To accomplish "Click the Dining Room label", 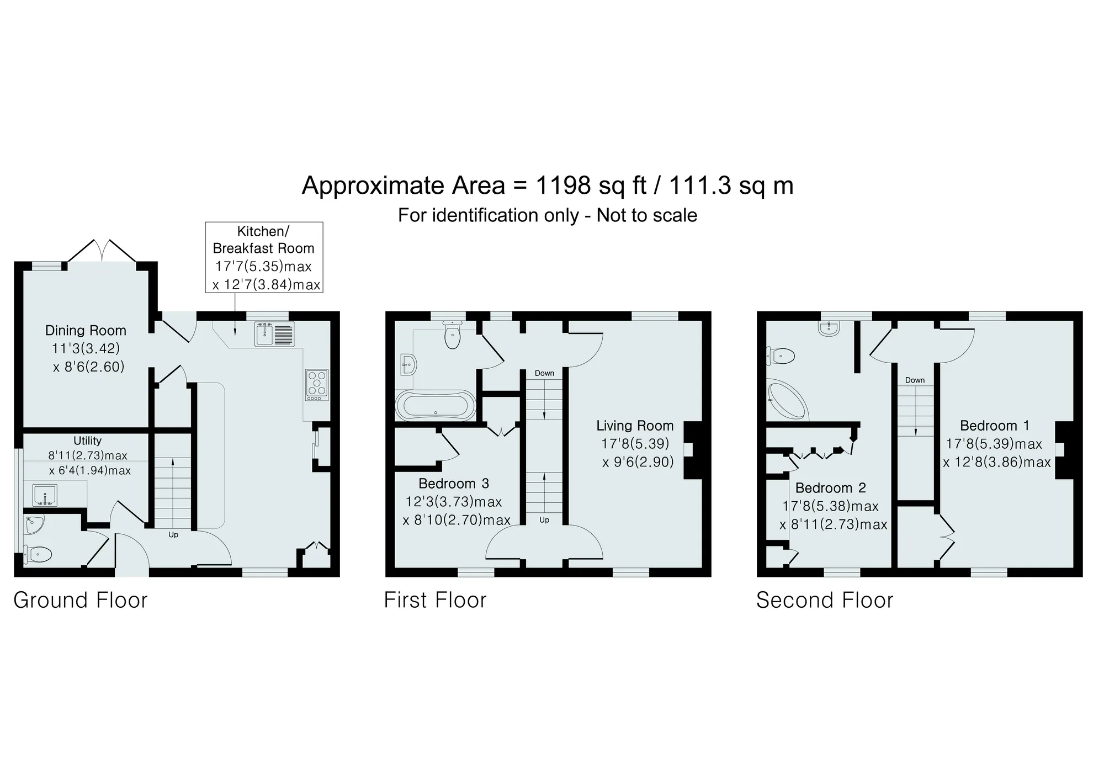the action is pyautogui.click(x=86, y=331).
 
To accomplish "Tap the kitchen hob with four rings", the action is pyautogui.click(x=317, y=385).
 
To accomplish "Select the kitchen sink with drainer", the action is pyautogui.click(x=275, y=334).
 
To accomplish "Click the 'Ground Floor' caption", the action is pyautogui.click(x=81, y=601).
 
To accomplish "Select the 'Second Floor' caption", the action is pyautogui.click(x=825, y=601).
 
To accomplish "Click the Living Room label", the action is pyautogui.click(x=635, y=426).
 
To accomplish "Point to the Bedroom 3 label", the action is pyautogui.click(x=454, y=484).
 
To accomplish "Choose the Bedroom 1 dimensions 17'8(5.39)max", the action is pyautogui.click(x=994, y=444).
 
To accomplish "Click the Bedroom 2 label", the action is pyautogui.click(x=831, y=488).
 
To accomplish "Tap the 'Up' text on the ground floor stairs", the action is pyautogui.click(x=173, y=535).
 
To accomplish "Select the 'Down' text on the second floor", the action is pyautogui.click(x=915, y=380).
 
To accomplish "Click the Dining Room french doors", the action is pyautogui.click(x=102, y=251).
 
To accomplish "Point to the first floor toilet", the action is pyautogui.click(x=453, y=335).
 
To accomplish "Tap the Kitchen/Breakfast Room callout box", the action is pyautogui.click(x=264, y=257).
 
